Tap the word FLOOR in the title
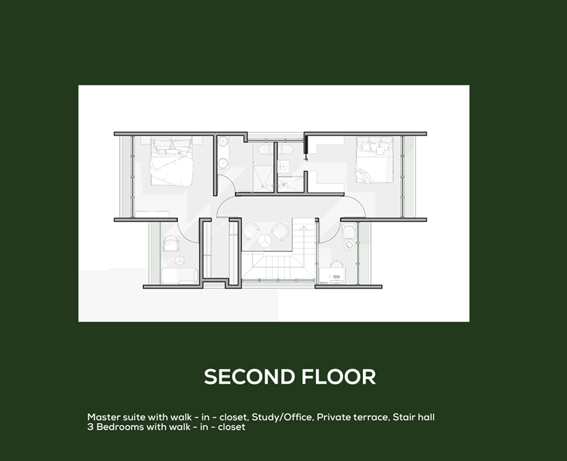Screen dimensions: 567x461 339,377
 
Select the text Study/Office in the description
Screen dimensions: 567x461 282,417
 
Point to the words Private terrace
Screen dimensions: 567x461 353,417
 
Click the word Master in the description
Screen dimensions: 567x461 104,417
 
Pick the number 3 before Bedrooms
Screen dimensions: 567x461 90,427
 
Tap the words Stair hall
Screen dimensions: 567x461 414,417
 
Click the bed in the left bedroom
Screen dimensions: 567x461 171,161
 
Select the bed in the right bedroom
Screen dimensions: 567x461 374,160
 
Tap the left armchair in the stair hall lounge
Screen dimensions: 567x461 251,231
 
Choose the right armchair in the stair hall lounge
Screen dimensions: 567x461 280,232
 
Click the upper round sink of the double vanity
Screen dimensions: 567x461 223,141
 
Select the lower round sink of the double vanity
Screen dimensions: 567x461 223,163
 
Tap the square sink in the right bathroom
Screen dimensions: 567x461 283,166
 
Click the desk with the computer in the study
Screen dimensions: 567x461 332,276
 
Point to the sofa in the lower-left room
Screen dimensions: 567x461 179,276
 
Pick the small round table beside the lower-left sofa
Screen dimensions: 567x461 179,260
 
